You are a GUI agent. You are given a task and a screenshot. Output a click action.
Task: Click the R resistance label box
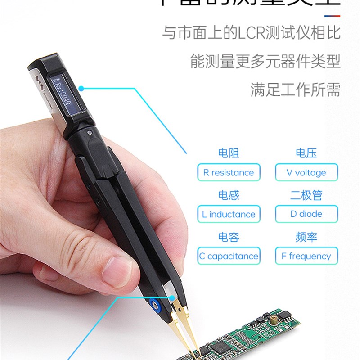(229, 173)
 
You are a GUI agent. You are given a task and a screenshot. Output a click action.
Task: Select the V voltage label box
(306, 173)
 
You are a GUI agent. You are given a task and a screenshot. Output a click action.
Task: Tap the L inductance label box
(229, 215)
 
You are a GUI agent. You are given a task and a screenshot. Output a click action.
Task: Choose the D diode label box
(306, 214)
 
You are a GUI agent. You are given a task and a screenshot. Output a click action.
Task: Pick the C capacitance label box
(229, 256)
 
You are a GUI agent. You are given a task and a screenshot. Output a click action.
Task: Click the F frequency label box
(306, 256)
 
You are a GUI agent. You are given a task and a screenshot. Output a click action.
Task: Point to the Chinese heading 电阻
(229, 153)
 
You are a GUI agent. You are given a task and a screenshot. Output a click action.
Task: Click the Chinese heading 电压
(306, 153)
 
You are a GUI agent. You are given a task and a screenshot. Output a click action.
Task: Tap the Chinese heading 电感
(229, 195)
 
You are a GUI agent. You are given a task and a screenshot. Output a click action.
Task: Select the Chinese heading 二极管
(306, 195)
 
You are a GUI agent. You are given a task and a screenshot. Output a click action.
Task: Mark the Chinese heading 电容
(229, 237)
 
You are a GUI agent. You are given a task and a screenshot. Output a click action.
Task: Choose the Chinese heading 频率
(306, 237)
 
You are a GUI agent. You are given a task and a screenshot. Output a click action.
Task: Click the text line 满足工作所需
(295, 90)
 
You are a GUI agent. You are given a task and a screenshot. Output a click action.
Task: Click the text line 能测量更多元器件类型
(265, 61)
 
